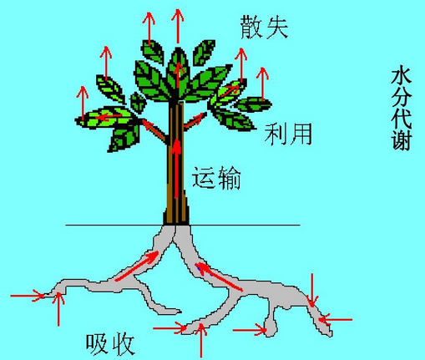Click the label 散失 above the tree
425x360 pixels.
pos(264,27)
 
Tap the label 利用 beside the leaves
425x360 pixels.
pos(288,134)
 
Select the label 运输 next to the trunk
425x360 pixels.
pos(216,178)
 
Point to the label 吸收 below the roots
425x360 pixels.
pos(110,344)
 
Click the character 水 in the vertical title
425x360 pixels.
pos(401,74)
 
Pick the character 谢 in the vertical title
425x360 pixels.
pos(401,140)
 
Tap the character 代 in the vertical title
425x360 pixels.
pos(401,118)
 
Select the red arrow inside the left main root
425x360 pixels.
pos(137,266)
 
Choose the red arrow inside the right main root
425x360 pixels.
pos(219,276)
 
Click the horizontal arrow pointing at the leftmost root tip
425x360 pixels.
pos(28,296)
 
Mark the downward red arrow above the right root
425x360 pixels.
pos(312,291)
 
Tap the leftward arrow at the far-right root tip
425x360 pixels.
pos(336,319)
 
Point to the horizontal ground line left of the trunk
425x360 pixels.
pos(114,225)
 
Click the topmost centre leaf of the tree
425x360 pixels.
pos(178,73)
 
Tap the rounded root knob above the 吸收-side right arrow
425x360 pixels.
pos(271,325)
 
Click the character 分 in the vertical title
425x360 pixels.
pos(401,96)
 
